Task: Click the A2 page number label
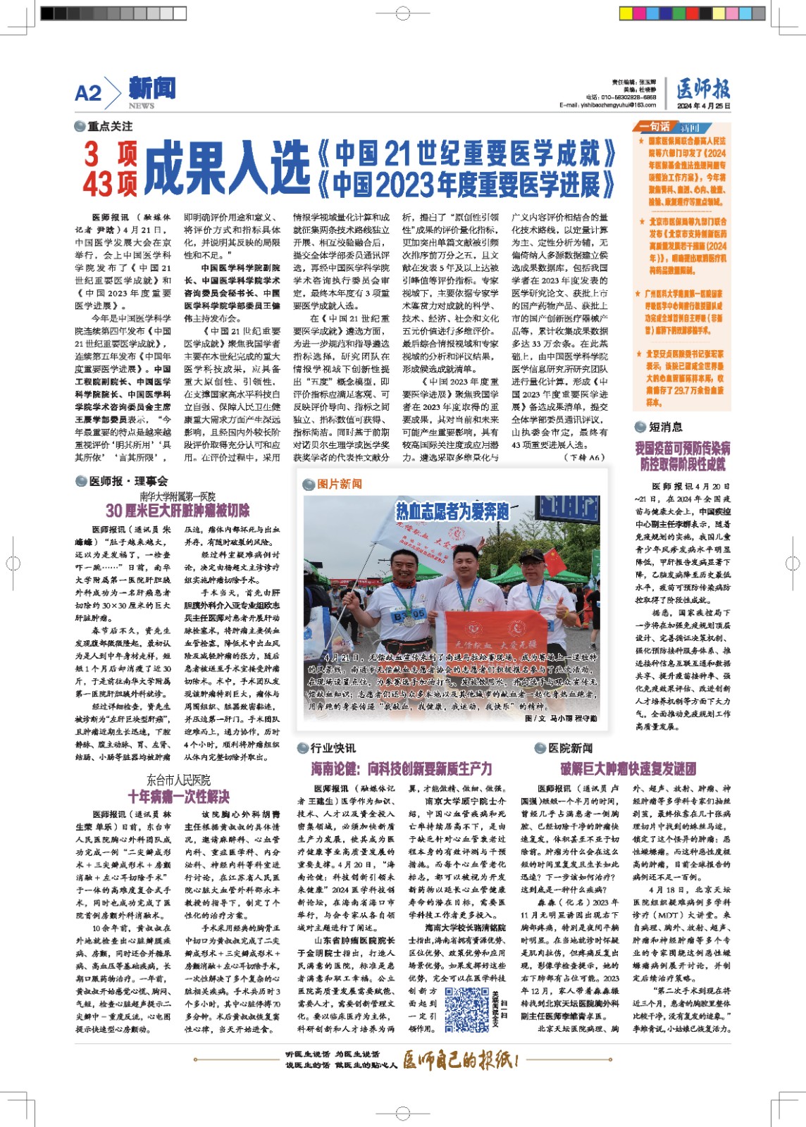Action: click(x=88, y=93)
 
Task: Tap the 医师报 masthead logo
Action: click(x=703, y=89)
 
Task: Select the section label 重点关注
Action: click(x=109, y=126)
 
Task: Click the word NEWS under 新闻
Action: click(x=142, y=106)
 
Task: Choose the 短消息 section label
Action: click(x=665, y=427)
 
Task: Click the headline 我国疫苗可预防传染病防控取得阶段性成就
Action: click(x=683, y=456)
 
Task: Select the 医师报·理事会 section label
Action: click(x=128, y=481)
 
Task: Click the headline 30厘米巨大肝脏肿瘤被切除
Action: click(x=178, y=510)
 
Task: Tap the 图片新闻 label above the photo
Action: click(x=339, y=484)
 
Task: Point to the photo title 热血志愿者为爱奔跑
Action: click(x=452, y=511)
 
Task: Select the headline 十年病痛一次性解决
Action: click(x=178, y=797)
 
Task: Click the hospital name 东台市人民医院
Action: click(x=178, y=780)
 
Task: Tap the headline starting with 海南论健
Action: click(x=402, y=768)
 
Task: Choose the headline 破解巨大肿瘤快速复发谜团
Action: click(x=628, y=768)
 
